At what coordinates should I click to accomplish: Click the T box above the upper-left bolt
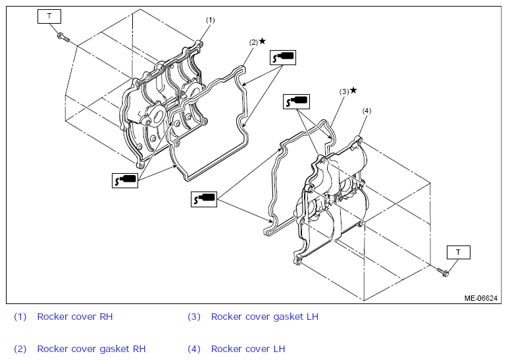click(49, 16)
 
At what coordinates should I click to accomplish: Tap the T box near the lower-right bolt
click(459, 253)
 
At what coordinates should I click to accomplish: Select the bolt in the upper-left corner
click(63, 38)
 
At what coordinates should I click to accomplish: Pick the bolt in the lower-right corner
click(443, 272)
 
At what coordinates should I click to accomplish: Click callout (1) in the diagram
click(211, 20)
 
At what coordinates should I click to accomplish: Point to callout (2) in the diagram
click(253, 42)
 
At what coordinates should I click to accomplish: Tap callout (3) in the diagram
click(344, 91)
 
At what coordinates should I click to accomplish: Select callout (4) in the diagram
click(367, 111)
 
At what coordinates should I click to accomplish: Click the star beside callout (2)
click(263, 41)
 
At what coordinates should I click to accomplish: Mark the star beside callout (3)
click(353, 90)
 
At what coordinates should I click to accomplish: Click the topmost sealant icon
click(283, 58)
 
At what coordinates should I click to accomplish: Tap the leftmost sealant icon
click(125, 180)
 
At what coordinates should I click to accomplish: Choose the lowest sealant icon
click(204, 199)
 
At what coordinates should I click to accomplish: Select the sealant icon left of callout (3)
click(296, 101)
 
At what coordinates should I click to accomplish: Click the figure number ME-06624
click(481, 298)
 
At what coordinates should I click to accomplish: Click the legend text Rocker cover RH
click(75, 317)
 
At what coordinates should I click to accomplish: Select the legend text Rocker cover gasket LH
click(265, 317)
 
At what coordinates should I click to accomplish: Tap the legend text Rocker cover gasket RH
click(91, 349)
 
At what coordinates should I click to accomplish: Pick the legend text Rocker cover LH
click(248, 349)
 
